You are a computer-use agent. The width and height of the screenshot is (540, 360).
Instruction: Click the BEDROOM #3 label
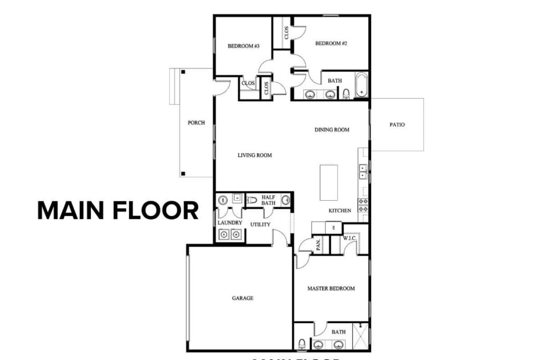tap(243, 46)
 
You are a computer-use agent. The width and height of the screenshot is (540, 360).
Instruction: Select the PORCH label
tap(196, 123)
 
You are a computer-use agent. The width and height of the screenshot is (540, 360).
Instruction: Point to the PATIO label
tap(397, 125)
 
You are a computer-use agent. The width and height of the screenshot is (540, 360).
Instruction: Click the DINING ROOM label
tap(332, 130)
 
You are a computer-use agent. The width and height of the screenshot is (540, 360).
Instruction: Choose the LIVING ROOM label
tap(254, 155)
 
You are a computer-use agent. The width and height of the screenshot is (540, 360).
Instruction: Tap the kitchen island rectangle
tap(329, 182)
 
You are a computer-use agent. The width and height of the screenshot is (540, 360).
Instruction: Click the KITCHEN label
tap(340, 211)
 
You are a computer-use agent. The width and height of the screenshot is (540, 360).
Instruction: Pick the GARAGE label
tap(243, 298)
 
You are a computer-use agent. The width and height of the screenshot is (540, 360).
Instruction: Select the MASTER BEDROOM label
tap(331, 288)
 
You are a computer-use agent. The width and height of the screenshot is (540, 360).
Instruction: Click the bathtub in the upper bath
tap(361, 84)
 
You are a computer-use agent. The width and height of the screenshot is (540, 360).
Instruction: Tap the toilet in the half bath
tap(252, 200)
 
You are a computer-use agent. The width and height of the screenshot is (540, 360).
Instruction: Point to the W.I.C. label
tap(350, 238)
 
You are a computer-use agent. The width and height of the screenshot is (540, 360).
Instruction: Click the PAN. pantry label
tap(319, 245)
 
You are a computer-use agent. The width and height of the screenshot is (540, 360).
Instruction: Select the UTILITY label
tap(260, 225)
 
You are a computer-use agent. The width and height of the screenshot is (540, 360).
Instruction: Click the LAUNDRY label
tap(230, 223)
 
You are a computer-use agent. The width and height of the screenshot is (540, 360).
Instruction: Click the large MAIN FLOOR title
tap(118, 210)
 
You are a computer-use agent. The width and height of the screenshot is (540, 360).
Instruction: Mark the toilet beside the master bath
tap(302, 344)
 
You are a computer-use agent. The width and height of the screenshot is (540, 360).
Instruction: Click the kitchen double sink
tap(363, 171)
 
